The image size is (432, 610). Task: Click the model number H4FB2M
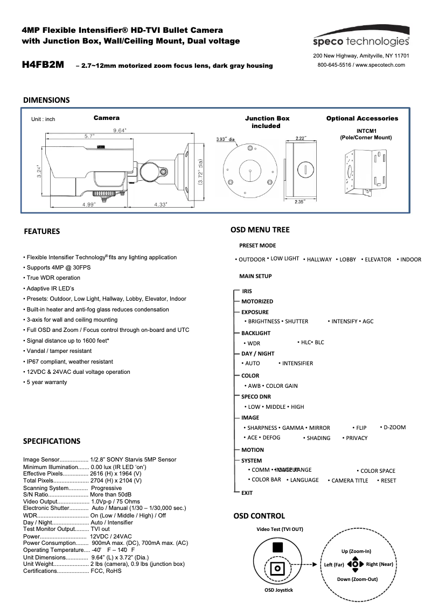pyautogui.click(x=43, y=65)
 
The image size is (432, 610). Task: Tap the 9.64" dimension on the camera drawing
pyautogui.click(x=119, y=130)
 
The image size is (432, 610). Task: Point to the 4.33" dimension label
pyautogui.click(x=159, y=204)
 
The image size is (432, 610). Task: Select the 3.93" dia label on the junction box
pyautogui.click(x=226, y=139)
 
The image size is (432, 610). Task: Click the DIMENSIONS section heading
pyautogui.click(x=46, y=100)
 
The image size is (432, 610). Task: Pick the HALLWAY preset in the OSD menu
pyautogui.click(x=319, y=259)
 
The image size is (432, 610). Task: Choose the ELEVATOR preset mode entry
pyautogui.click(x=378, y=259)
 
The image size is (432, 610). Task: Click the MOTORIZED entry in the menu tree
pyautogui.click(x=257, y=302)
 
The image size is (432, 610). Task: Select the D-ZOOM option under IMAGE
pyautogui.click(x=394, y=427)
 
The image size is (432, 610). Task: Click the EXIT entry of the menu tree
pyautogui.click(x=247, y=493)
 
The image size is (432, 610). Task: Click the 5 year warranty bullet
pyautogui.click(x=47, y=382)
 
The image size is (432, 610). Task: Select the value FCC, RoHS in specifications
pyautogui.click(x=106, y=571)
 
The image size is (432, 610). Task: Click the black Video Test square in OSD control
pyautogui.click(x=277, y=548)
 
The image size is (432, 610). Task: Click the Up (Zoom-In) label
pyautogui.click(x=356, y=551)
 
